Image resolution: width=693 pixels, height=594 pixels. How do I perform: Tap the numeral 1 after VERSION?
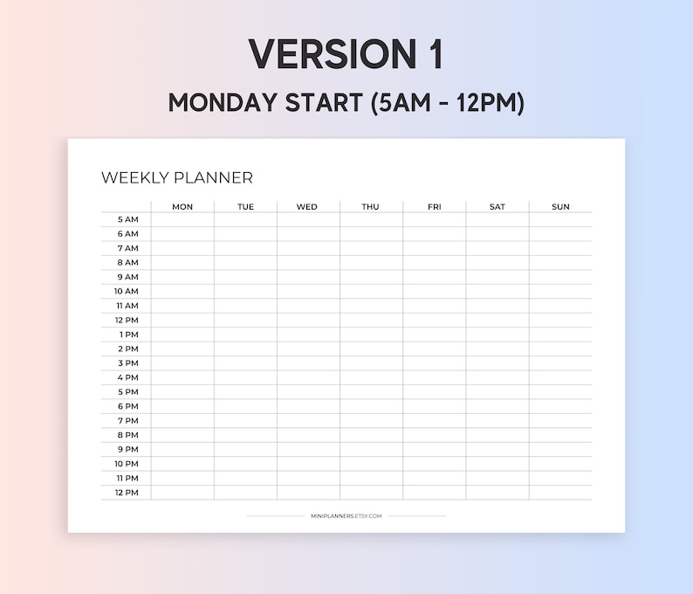pos(434,55)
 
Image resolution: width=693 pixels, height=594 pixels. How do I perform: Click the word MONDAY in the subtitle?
pos(222,102)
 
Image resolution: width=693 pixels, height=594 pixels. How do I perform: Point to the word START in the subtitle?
pos(324,102)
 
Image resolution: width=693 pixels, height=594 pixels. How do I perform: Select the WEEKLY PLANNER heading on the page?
pos(177,177)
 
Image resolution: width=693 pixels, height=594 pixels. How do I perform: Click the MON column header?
pos(182,207)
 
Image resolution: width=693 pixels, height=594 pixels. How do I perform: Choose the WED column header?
pos(307,207)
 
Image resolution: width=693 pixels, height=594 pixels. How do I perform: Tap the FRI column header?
pos(434,207)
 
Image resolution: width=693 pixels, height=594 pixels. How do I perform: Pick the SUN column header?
pos(560,207)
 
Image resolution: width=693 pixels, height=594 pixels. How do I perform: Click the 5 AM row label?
pos(127,220)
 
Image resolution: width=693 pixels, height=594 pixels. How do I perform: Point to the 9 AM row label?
pos(127,277)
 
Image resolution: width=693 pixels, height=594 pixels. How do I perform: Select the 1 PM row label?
pos(128,335)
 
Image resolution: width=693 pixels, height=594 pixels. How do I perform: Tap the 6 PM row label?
pos(127,406)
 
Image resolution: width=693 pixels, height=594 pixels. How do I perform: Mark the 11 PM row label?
pos(127,479)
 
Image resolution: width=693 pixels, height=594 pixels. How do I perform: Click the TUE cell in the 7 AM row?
pos(245,248)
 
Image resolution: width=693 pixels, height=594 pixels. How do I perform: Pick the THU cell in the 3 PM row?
pos(371,363)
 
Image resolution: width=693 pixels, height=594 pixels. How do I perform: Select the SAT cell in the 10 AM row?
pos(497,291)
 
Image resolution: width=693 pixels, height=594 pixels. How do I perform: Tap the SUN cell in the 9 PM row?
pos(560,449)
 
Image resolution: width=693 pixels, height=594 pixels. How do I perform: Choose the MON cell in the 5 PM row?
pos(182,392)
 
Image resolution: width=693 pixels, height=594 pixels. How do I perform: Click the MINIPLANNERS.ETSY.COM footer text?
pos(346,516)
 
